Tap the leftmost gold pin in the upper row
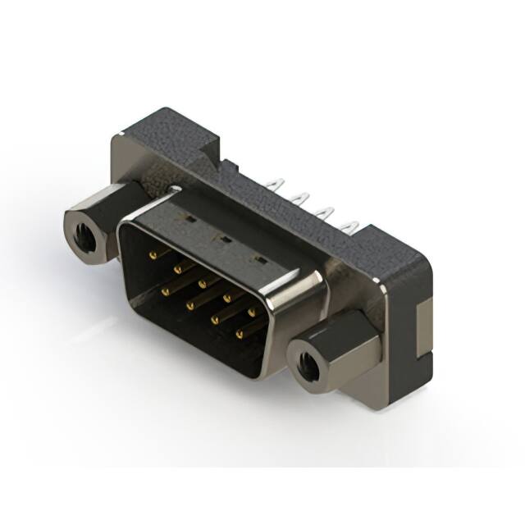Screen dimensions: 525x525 point(153,255)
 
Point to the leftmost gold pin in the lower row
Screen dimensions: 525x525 point(166,290)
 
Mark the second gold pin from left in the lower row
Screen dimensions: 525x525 point(190,304)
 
